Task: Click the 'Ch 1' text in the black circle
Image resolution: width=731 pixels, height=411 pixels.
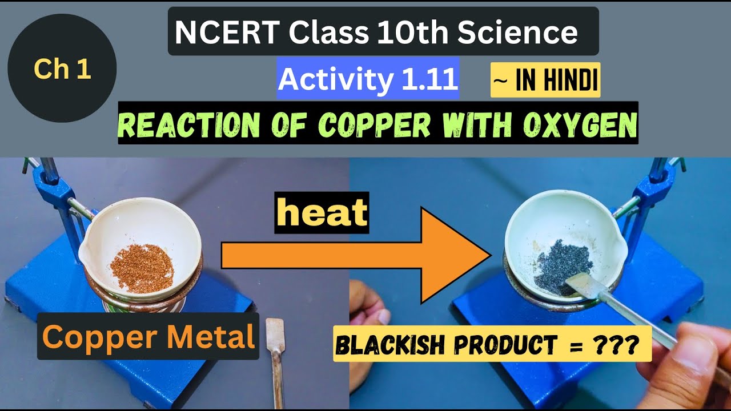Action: (62, 69)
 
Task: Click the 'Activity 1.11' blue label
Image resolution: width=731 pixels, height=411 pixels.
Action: (368, 79)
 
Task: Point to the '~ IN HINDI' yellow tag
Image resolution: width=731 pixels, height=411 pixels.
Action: (545, 80)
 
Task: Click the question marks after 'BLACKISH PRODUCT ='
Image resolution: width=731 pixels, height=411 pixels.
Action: (620, 344)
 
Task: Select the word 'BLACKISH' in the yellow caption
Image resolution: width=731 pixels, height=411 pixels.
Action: (386, 344)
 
